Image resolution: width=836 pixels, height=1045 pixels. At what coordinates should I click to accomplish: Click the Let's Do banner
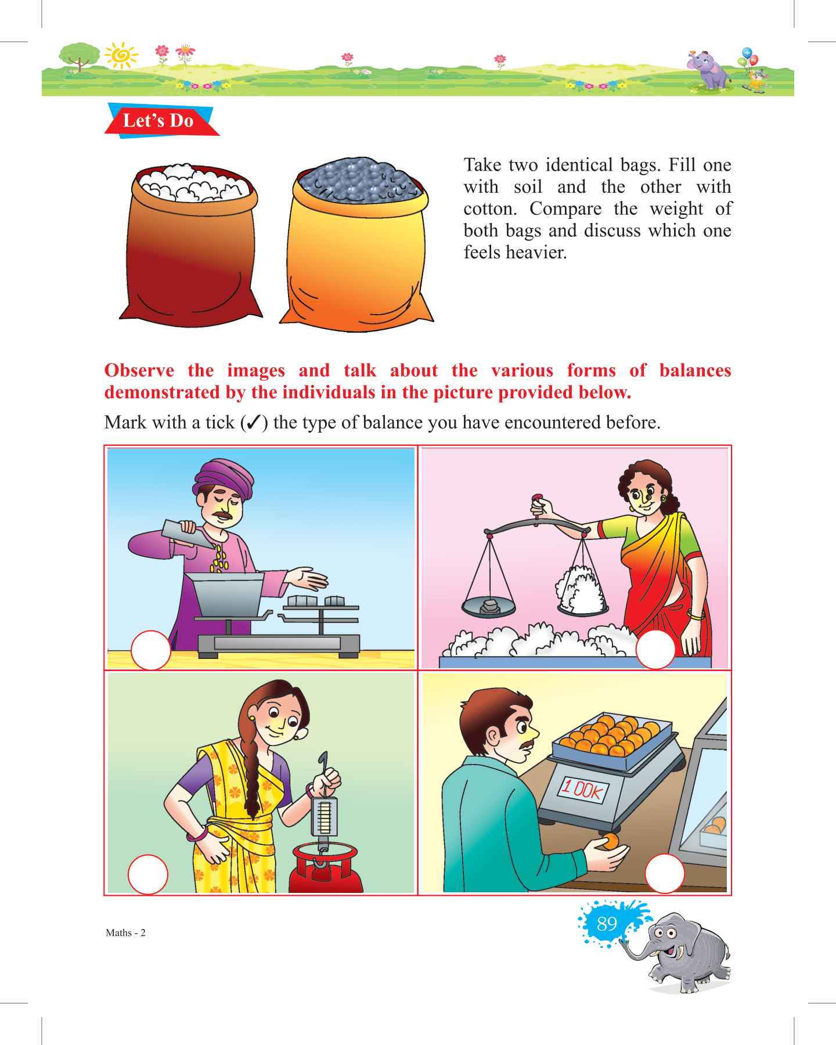[x=161, y=121]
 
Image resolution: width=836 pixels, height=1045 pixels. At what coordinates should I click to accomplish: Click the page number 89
[x=607, y=923]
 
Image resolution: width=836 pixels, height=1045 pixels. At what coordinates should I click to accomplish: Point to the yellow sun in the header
[x=121, y=56]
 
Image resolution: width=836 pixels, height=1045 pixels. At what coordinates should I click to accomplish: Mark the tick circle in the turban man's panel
[x=151, y=650]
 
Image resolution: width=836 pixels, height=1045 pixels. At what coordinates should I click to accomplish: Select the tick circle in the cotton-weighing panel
[x=655, y=649]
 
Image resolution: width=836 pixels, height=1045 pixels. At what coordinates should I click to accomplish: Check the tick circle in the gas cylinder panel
[x=148, y=874]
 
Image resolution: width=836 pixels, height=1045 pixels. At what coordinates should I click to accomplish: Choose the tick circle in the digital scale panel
[x=665, y=873]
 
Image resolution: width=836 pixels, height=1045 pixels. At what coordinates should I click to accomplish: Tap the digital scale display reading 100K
[x=583, y=790]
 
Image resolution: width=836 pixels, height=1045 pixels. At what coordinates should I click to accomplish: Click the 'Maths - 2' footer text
[x=125, y=933]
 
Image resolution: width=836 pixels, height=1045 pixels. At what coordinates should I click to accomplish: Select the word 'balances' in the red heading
[x=695, y=370]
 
